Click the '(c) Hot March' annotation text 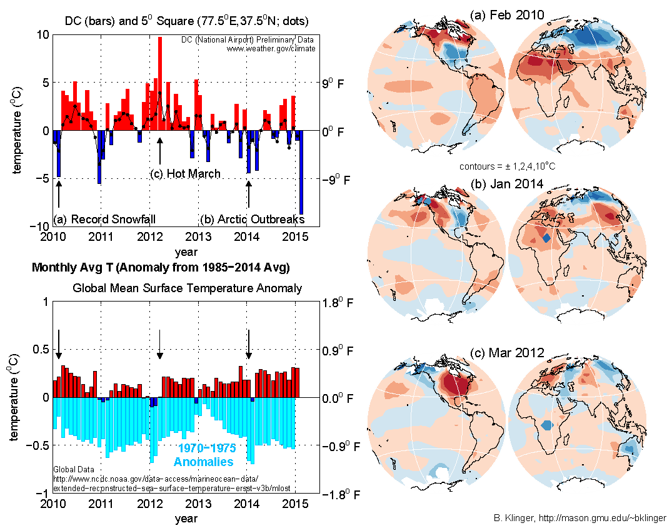point(186,173)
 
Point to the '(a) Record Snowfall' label point(104,220)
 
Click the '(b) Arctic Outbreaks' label point(252,220)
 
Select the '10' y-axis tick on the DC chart point(41,35)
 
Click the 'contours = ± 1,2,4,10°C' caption point(507,166)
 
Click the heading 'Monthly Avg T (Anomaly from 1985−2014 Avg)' point(161,268)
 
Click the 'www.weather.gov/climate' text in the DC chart point(271,48)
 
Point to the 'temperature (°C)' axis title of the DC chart point(17,130)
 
